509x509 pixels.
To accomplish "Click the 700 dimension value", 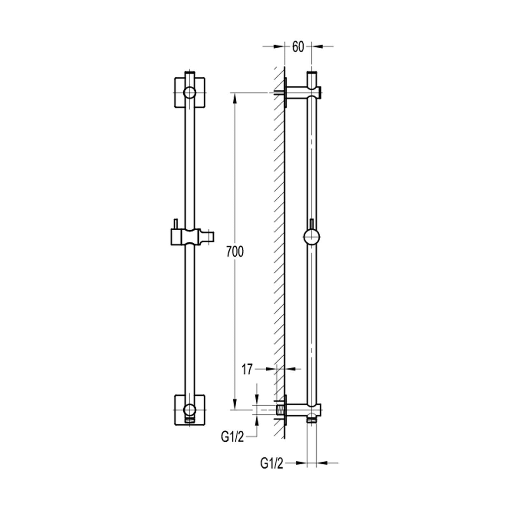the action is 235,252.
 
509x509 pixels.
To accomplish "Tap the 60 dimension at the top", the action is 298,47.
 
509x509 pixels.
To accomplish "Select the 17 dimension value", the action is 247,370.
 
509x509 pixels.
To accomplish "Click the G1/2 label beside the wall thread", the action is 232,437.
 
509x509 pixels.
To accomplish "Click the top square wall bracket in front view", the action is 190,93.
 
